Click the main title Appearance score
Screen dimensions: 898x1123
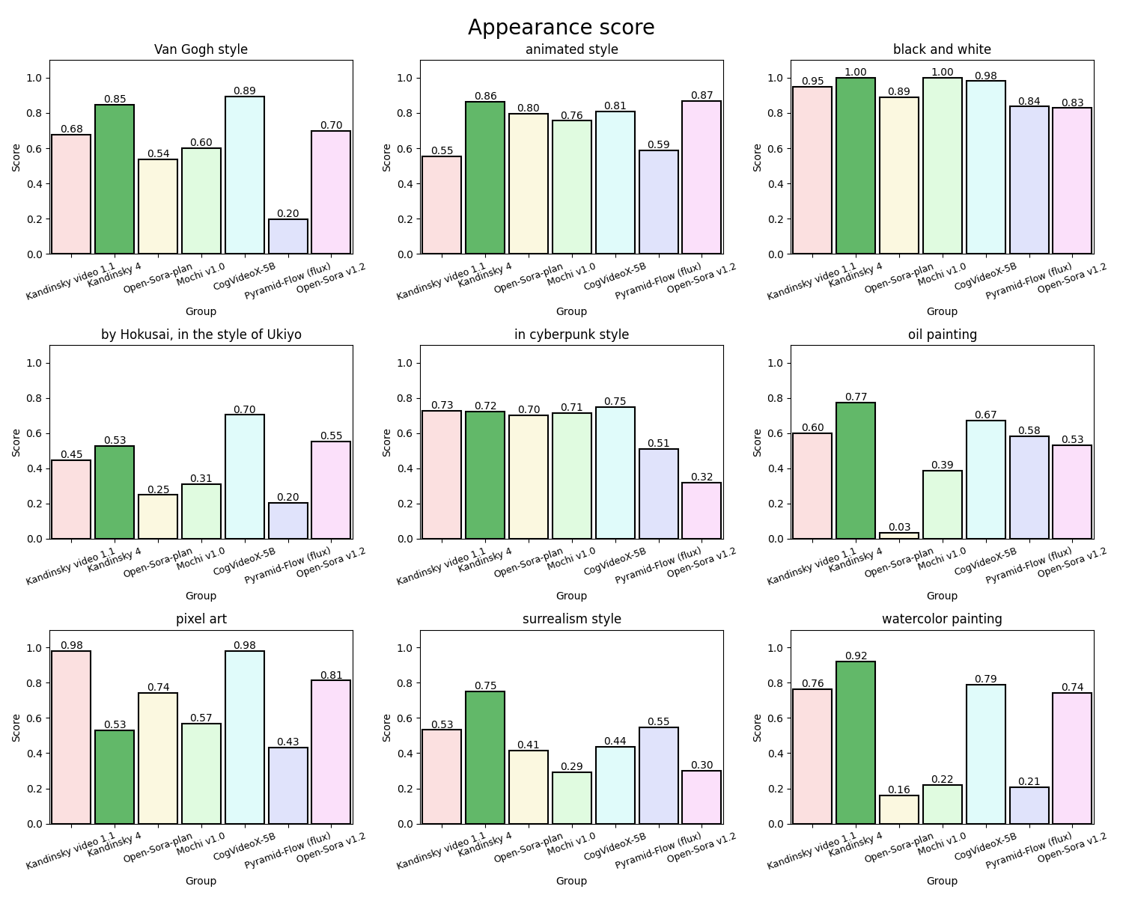coord(561,28)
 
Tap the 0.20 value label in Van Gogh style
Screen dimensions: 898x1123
coord(287,214)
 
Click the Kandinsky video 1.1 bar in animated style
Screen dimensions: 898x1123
coord(442,206)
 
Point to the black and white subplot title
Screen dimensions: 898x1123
coord(942,49)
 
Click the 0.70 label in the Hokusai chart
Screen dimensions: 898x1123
coord(244,409)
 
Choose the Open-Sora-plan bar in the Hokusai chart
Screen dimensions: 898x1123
coord(158,516)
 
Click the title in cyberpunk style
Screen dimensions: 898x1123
coord(571,335)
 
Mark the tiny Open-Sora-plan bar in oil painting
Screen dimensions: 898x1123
coord(899,536)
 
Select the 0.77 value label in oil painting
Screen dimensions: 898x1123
coord(856,397)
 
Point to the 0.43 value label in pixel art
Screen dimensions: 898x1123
coord(287,742)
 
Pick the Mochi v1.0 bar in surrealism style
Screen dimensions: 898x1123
coord(572,798)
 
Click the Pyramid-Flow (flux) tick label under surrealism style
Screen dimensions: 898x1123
coord(659,849)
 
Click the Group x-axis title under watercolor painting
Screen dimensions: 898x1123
coord(942,881)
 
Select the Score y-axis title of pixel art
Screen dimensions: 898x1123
coord(16,727)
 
